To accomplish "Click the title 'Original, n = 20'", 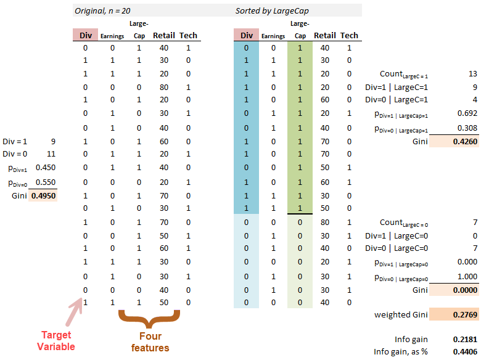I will click(102, 11).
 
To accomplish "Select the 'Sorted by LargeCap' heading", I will click(271, 11).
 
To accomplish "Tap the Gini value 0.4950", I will click(43, 195).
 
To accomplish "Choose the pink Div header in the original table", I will click(85, 35).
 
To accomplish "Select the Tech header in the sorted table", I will click(349, 35).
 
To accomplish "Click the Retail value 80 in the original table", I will click(163, 87).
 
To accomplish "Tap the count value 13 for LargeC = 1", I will click(472, 74).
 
